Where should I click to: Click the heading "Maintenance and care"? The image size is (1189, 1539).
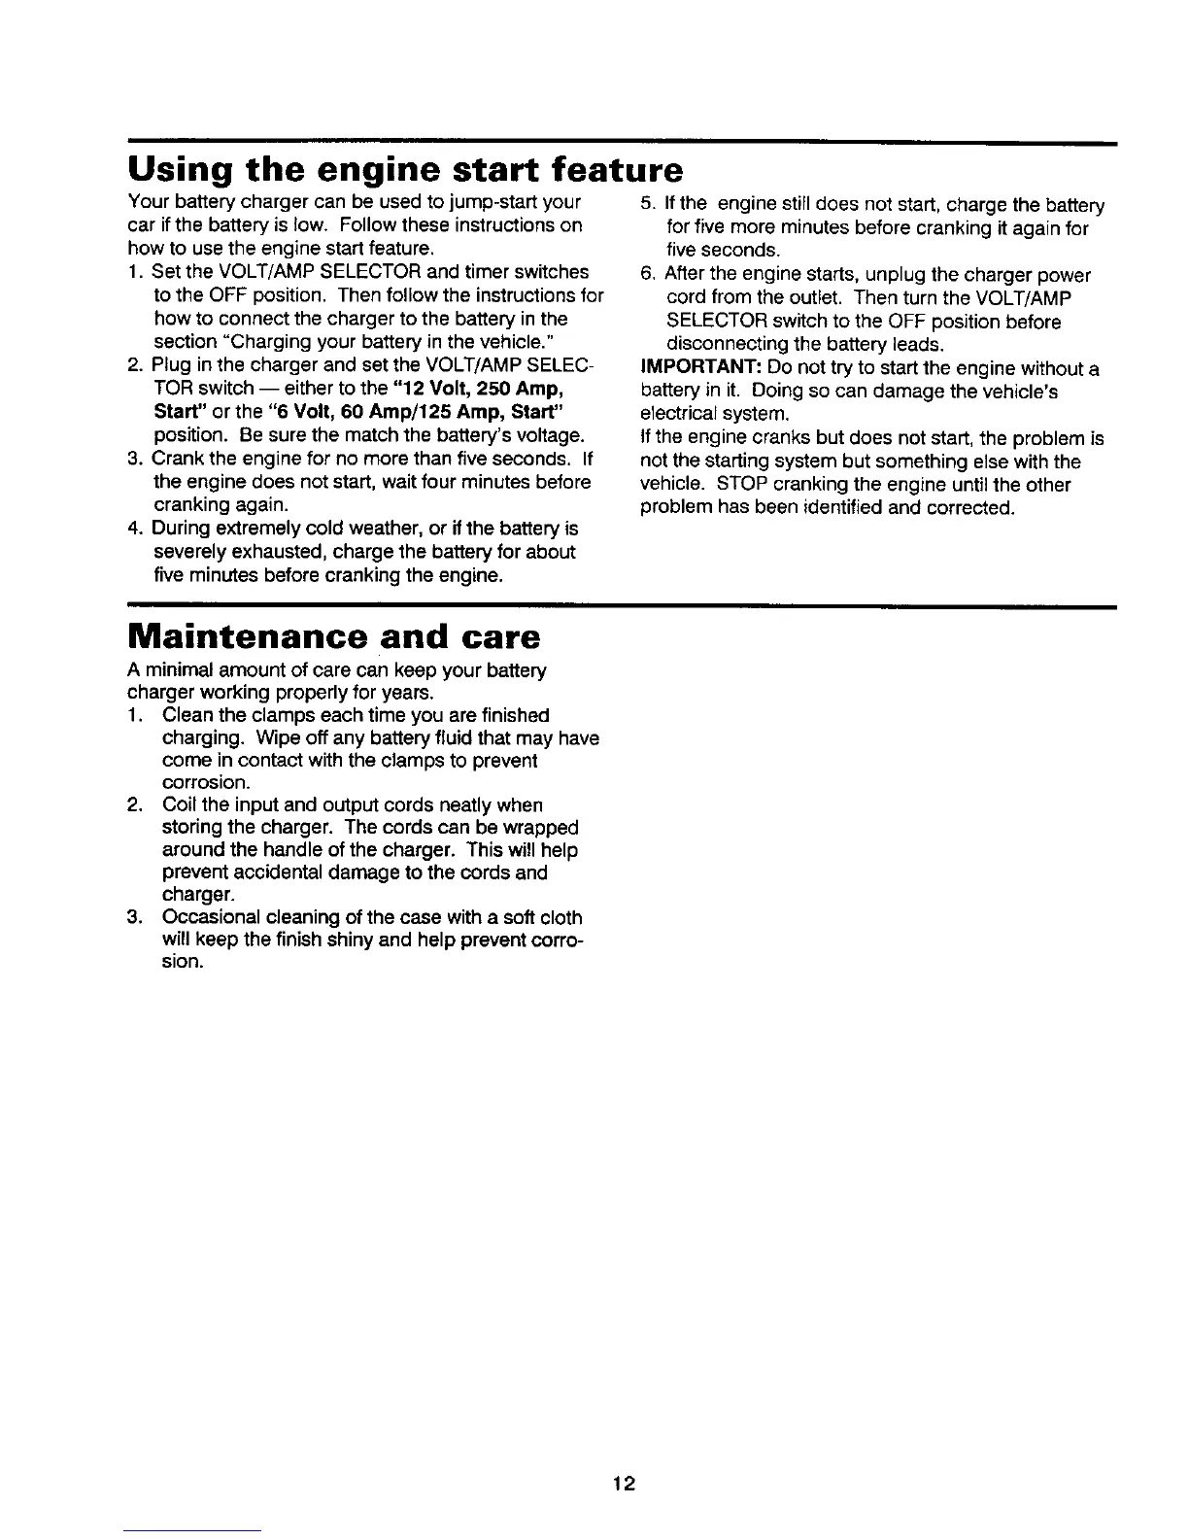pyautogui.click(x=333, y=637)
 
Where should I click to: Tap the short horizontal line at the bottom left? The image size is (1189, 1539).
pyautogui.click(x=193, y=1530)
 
